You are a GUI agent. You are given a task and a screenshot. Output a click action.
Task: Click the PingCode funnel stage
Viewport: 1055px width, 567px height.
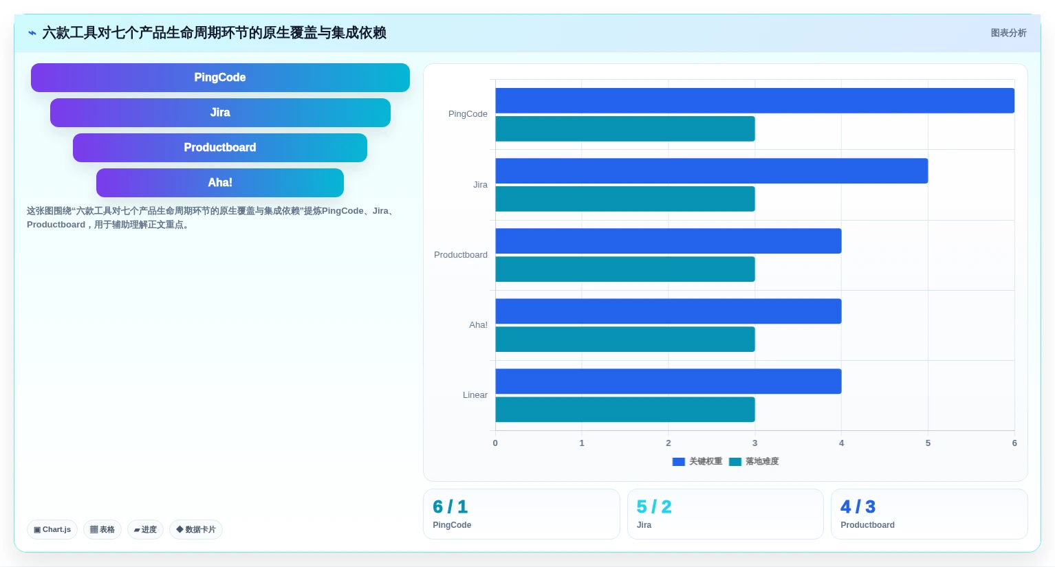220,78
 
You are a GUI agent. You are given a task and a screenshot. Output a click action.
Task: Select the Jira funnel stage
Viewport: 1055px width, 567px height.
220,113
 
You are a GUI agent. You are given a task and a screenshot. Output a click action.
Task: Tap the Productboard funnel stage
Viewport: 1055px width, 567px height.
220,148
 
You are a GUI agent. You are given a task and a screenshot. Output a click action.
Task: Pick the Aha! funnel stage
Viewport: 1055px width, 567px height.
220,183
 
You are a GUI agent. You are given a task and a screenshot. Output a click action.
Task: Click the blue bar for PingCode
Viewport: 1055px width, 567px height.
754,101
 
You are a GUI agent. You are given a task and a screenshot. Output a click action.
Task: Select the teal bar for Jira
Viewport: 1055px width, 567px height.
625,199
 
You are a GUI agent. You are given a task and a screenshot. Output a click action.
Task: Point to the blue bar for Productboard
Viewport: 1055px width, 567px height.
668,241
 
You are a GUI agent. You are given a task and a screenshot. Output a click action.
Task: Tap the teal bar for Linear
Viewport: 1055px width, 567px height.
625,410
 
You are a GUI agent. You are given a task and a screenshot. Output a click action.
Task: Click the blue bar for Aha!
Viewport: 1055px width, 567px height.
668,311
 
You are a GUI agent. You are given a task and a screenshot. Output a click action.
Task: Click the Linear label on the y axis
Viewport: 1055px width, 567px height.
475,395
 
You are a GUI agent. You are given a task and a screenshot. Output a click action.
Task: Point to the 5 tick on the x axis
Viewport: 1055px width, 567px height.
928,443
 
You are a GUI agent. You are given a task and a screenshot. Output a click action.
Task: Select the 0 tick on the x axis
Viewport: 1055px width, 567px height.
495,443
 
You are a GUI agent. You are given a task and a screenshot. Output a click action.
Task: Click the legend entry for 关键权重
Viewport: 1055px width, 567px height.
697,462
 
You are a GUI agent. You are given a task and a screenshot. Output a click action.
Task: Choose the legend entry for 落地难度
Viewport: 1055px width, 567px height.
754,462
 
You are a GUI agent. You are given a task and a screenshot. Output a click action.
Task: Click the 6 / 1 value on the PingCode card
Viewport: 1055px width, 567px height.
450,507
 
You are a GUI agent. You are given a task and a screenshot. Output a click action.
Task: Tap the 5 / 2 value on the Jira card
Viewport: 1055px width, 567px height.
654,507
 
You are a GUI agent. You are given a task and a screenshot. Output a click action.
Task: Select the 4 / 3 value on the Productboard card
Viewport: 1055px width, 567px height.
858,507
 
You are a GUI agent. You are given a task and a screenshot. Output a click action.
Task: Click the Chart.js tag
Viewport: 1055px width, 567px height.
52,529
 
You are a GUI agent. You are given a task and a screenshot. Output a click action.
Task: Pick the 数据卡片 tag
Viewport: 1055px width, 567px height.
196,529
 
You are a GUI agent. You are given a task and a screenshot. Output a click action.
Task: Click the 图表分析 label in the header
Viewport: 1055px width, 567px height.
1008,33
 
